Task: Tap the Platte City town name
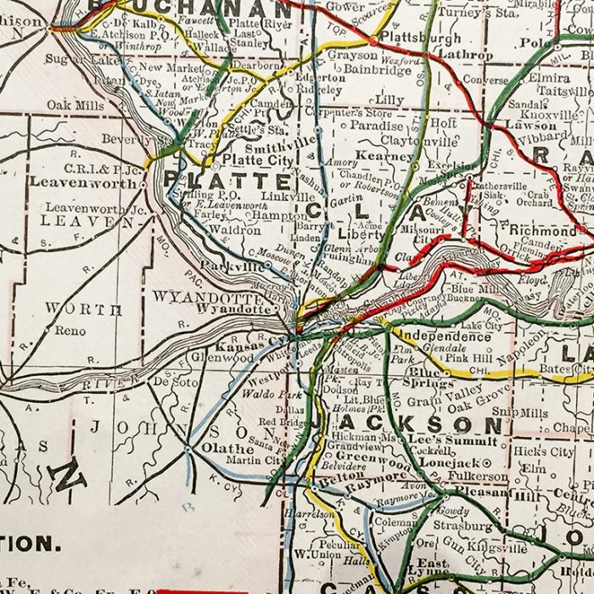tap(251, 159)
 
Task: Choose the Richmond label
tap(541, 230)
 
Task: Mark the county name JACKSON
tap(405, 422)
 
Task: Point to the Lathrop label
tap(465, 54)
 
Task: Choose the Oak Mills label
tap(76, 105)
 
